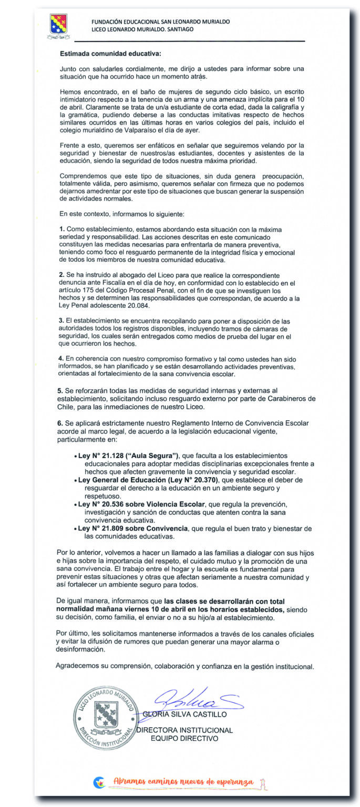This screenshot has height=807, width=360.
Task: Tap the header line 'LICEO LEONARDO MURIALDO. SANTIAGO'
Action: [142, 29]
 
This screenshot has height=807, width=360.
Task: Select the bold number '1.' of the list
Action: [62, 230]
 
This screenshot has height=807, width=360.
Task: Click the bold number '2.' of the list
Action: [62, 275]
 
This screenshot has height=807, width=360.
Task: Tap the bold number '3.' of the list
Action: [62, 321]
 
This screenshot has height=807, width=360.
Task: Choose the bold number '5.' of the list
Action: [62, 391]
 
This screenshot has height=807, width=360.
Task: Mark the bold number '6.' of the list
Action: [62, 423]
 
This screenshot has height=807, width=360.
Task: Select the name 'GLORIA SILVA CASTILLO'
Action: [184, 715]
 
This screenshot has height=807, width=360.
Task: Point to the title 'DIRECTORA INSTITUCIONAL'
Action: [184, 730]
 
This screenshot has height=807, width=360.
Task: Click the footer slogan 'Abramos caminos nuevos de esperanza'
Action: [183, 782]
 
